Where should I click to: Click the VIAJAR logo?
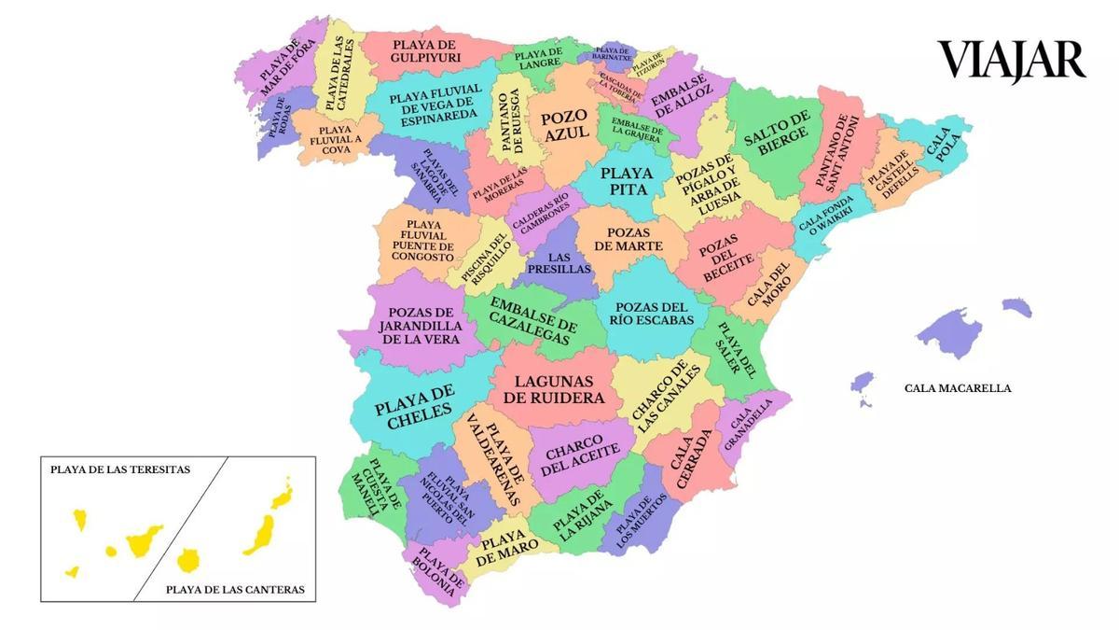(x=1012, y=61)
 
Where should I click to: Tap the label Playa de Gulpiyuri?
(x=425, y=50)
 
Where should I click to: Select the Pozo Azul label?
(x=566, y=124)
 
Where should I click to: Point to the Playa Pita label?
(x=627, y=181)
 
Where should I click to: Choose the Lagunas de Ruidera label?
(x=554, y=388)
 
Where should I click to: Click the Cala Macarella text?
(x=957, y=388)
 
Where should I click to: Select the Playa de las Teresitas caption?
(x=120, y=470)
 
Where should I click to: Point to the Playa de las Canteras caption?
(x=235, y=590)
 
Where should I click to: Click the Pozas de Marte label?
(x=634, y=239)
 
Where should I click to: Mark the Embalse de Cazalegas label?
(x=533, y=322)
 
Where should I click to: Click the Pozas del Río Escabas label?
(x=652, y=314)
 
